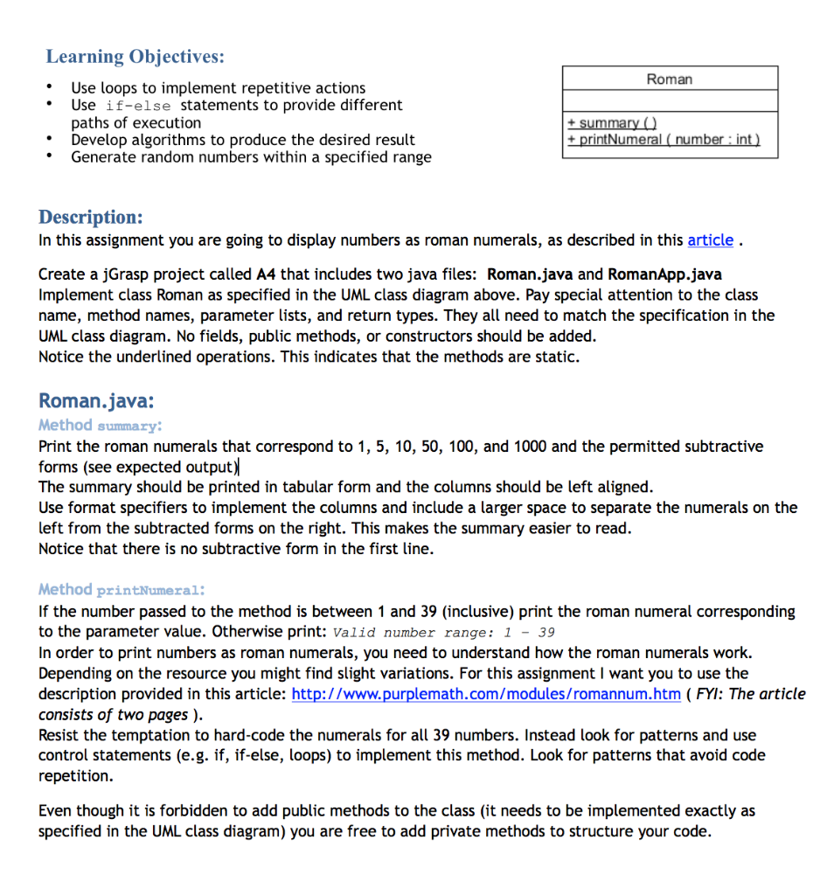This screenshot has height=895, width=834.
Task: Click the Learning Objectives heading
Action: tap(135, 57)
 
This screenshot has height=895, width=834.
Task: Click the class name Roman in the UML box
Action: tap(669, 79)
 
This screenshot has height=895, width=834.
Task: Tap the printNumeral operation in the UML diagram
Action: tap(663, 139)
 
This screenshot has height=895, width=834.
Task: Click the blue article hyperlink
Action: tap(710, 240)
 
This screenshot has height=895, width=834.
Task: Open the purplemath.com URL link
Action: tap(485, 694)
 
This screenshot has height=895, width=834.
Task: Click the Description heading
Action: tap(90, 217)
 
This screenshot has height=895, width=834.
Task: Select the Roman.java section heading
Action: tap(96, 401)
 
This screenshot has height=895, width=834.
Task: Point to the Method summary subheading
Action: tap(100, 426)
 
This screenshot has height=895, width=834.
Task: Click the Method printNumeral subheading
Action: tap(122, 590)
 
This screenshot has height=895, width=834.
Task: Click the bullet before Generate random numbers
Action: tap(52, 157)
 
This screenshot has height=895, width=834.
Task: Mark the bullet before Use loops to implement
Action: tap(52, 87)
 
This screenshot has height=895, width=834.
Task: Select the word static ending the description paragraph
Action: tap(556, 357)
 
